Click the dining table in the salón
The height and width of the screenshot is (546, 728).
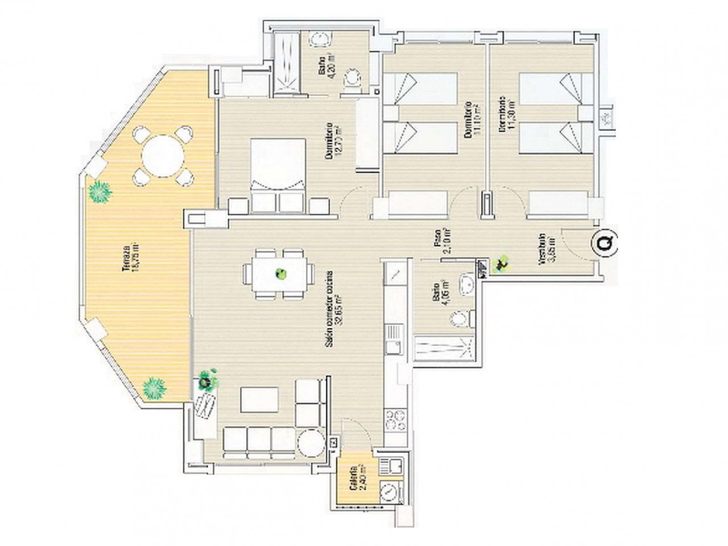pos(279,275)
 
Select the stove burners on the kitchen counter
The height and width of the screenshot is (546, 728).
pos(395,420)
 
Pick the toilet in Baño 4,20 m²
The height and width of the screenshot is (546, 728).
pos(353,79)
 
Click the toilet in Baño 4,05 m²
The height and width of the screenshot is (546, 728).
pos(460,318)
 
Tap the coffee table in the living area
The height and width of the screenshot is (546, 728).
pos(259,399)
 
